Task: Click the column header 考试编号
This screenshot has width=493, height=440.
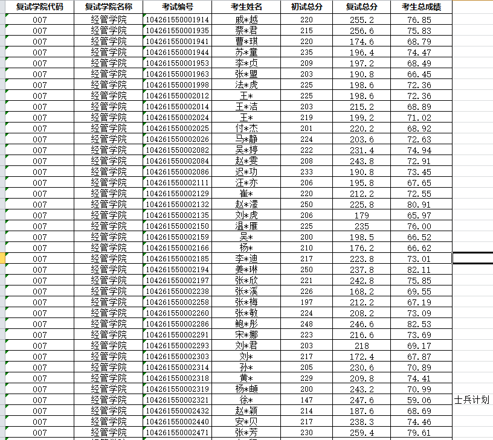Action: point(178,7)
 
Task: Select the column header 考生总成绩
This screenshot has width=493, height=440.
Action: point(421,7)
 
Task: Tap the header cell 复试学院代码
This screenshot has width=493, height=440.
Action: point(39,7)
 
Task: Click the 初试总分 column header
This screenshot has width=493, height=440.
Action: point(307,7)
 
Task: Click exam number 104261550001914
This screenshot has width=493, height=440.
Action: point(178,19)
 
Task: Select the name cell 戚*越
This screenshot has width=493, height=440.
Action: point(246,19)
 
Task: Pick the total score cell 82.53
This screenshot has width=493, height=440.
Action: point(419,324)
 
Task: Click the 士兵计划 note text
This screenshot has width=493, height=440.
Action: point(472,400)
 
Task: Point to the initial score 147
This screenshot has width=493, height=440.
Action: point(307,400)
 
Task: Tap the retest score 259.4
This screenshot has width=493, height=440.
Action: point(362,433)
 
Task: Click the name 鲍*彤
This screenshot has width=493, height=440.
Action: point(246,324)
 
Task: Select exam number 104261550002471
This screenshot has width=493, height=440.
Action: point(178,433)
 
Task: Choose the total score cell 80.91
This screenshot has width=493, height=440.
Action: point(419,205)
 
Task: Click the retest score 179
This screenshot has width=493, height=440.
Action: point(362,215)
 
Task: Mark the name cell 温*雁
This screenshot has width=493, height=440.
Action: point(246,226)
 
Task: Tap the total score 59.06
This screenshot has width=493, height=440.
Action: point(419,400)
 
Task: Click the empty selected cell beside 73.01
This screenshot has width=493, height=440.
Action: point(472,258)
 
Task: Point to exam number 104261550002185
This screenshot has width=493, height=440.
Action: point(178,259)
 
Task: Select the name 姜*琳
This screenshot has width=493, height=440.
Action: point(246,270)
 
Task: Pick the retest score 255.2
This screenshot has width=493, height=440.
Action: point(362,19)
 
